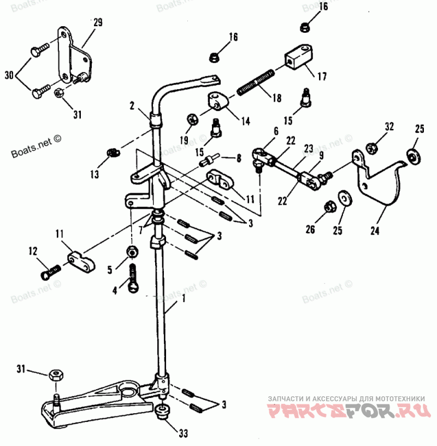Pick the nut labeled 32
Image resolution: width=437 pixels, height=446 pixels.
pyautogui.click(x=372, y=147)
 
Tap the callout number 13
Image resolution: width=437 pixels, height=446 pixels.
pyautogui.click(x=95, y=175)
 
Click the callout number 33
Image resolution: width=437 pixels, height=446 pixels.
pyautogui.click(x=184, y=433)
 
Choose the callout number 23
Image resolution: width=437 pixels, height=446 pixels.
pyautogui.click(x=309, y=147)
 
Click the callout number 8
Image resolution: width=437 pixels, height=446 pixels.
pyautogui.click(x=238, y=159)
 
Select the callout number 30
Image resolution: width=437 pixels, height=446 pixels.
pyautogui.click(x=9, y=74)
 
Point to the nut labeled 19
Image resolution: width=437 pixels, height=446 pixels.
pyautogui.click(x=192, y=118)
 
